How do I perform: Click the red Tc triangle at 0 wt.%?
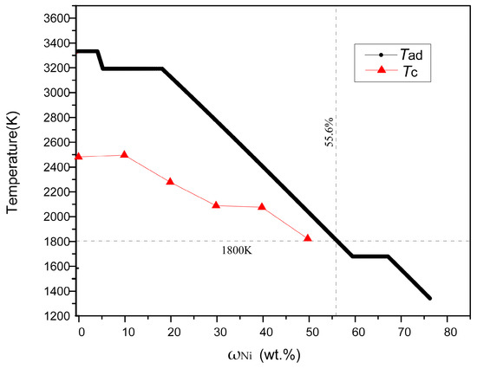80,156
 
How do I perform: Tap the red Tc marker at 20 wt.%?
170,182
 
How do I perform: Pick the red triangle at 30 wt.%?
216,205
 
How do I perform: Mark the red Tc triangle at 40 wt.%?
262,207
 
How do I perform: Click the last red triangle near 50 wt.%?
308,237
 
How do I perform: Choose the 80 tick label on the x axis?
448,332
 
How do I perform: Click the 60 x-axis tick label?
356,332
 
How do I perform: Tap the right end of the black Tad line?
429,298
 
